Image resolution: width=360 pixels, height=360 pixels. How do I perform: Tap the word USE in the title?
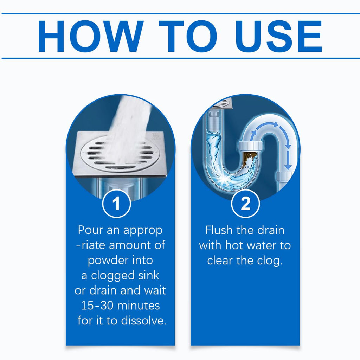pyautogui.click(x=279, y=36)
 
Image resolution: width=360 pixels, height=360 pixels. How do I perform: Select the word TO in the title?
pyautogui.click(x=188, y=36)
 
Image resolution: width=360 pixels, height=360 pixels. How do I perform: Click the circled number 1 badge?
pyautogui.click(x=116, y=204)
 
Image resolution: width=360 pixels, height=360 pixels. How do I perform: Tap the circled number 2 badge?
pyautogui.click(x=245, y=204)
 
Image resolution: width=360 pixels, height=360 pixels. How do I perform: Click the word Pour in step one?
pyautogui.click(x=90, y=230)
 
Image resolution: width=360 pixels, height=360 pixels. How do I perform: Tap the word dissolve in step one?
pyautogui.click(x=143, y=321)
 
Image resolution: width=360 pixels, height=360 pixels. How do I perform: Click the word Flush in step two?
pyautogui.click(x=219, y=230)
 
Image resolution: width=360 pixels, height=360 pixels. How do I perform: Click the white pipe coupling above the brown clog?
pyautogui.click(x=250, y=146)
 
